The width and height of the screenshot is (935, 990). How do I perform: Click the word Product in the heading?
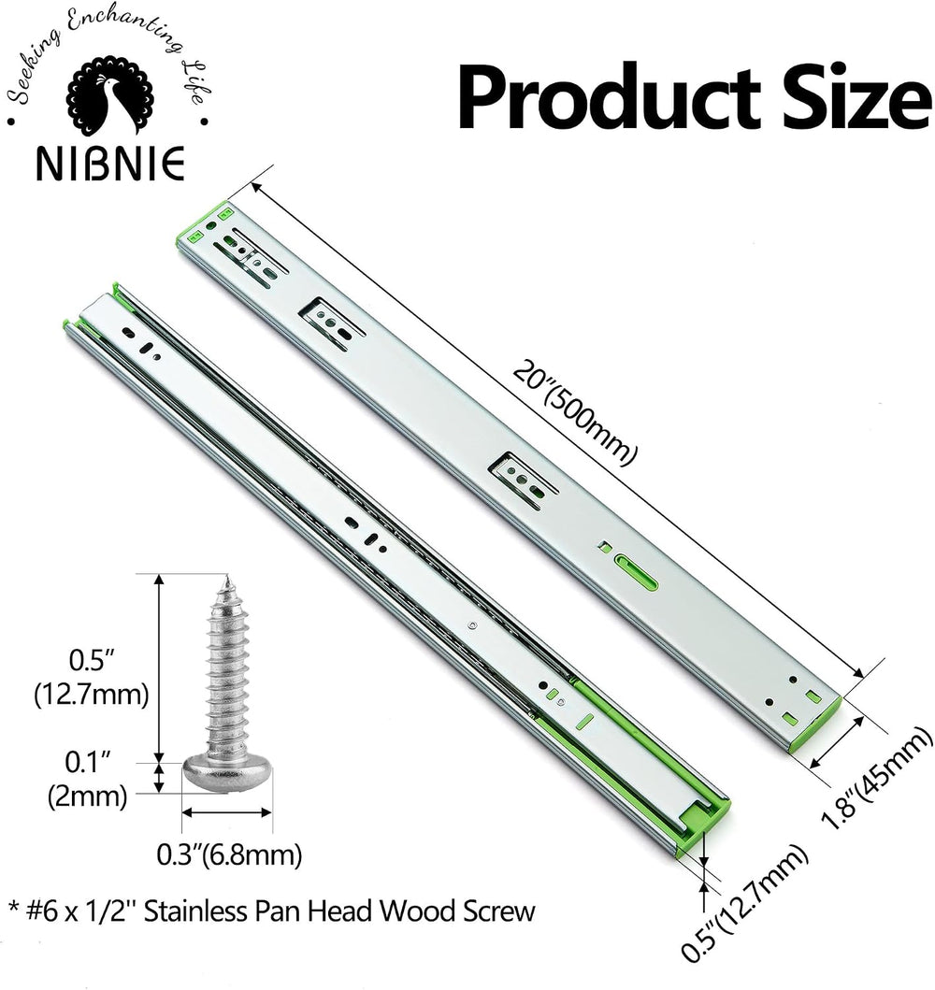tap(610, 100)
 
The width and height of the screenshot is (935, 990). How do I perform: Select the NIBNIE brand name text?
tap(110, 164)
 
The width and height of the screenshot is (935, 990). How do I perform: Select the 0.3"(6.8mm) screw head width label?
tap(229, 855)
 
